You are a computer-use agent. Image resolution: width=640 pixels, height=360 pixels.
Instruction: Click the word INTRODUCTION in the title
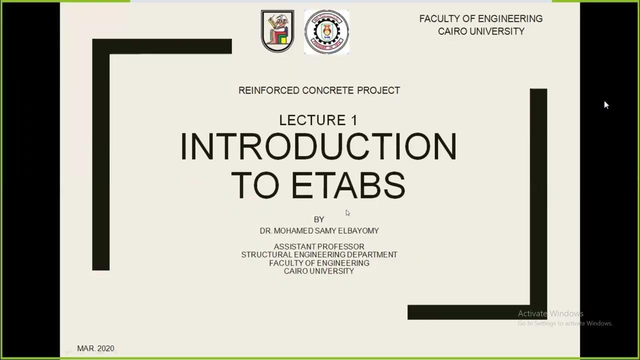(x=318, y=146)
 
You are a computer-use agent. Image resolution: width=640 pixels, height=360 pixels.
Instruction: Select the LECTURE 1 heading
(x=318, y=120)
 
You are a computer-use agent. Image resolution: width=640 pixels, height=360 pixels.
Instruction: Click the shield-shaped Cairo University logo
(x=277, y=31)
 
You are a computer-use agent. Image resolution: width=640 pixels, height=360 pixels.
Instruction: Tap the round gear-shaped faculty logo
(x=326, y=32)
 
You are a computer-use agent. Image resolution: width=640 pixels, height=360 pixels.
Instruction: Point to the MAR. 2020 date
(x=95, y=348)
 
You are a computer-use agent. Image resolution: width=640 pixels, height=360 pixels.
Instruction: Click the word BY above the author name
(x=319, y=219)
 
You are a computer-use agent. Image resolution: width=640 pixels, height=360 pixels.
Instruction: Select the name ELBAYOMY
(x=356, y=231)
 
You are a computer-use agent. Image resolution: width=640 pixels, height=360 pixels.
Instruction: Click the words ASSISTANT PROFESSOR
(x=319, y=246)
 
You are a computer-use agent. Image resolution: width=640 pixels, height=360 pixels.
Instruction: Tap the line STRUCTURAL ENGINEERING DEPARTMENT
(x=319, y=254)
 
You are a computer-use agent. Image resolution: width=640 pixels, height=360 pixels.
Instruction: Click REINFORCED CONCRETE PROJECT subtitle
(x=319, y=90)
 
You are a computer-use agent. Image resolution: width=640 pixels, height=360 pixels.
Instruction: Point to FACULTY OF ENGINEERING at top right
(x=480, y=18)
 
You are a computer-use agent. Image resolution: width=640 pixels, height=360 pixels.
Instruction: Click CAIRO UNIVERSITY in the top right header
(x=481, y=31)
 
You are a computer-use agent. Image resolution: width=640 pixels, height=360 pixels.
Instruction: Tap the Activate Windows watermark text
(x=550, y=313)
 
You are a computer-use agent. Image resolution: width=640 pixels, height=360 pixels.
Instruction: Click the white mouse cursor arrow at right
(x=606, y=104)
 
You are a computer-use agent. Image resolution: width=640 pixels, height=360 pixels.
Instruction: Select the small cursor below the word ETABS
(x=347, y=212)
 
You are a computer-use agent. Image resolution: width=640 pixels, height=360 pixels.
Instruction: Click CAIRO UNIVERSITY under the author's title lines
(x=319, y=271)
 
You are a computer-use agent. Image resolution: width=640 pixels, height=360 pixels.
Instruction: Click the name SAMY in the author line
(x=325, y=231)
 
